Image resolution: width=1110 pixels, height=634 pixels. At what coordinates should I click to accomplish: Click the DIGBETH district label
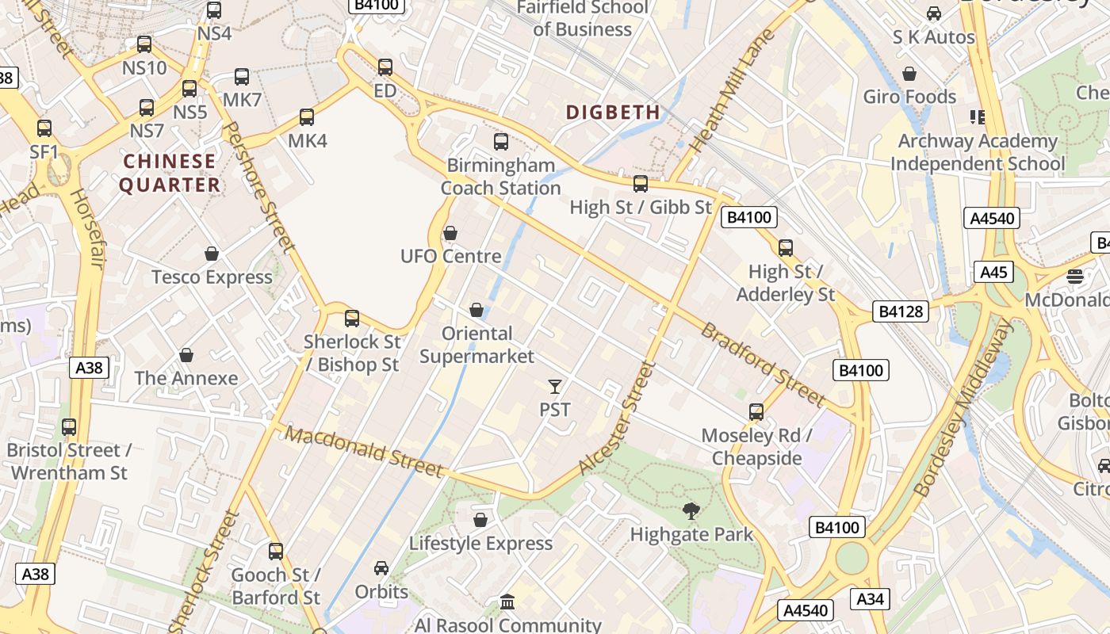[x=613, y=112]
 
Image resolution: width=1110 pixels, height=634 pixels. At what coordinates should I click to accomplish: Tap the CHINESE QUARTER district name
[x=170, y=173]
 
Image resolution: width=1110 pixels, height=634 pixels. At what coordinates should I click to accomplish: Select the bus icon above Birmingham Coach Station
[x=501, y=143]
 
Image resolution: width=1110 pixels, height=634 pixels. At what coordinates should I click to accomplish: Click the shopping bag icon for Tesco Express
[x=212, y=254]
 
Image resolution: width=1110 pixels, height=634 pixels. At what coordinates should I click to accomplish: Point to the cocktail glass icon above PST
[x=555, y=387]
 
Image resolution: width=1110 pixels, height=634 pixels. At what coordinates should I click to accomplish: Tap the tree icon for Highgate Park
[x=691, y=511]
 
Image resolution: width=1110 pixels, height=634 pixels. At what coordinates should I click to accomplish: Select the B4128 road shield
[x=901, y=311]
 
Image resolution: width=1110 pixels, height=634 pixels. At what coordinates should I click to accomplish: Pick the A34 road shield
[x=870, y=599]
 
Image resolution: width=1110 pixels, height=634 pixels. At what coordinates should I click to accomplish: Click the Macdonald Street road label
[x=365, y=453]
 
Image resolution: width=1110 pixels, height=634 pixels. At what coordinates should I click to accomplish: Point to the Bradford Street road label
[x=763, y=365]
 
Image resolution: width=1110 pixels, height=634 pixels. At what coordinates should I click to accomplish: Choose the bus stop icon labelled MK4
[x=307, y=118]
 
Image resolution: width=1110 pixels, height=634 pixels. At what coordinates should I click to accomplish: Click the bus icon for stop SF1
[x=44, y=128]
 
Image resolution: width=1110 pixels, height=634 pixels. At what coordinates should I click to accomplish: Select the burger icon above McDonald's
[x=1075, y=277]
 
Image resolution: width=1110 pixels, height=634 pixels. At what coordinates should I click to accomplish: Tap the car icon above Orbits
[x=381, y=568]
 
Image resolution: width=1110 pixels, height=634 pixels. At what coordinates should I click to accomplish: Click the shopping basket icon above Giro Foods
[x=909, y=74]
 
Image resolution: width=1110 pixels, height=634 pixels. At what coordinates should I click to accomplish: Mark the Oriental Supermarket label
[x=477, y=345]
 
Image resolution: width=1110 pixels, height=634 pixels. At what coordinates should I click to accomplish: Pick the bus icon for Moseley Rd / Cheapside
[x=756, y=412]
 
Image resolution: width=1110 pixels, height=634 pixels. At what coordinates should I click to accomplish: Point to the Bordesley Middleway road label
[x=963, y=408]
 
